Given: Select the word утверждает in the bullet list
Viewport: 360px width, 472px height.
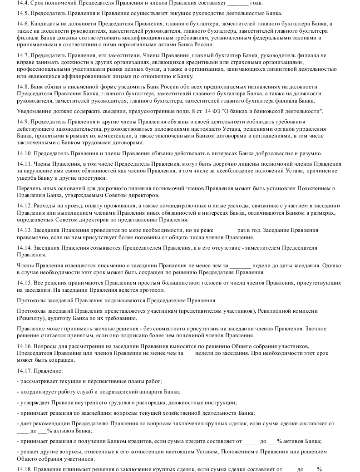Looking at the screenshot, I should click(35, 403).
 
